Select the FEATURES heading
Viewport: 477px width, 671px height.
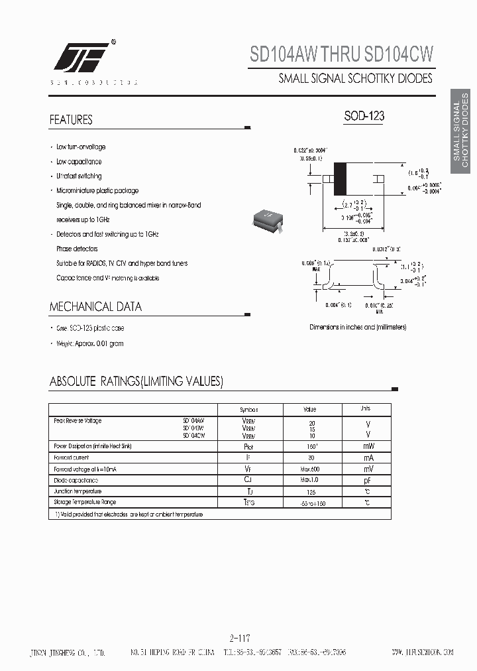pyautogui.click(x=71, y=120)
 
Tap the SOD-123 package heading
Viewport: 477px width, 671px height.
pyautogui.click(x=364, y=116)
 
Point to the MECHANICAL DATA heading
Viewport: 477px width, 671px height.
pyautogui.click(x=95, y=307)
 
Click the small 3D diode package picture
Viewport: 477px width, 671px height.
pyautogui.click(x=270, y=221)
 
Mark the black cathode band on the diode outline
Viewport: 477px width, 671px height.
pyautogui.click(x=340, y=178)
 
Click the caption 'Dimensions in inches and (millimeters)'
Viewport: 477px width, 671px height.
pyautogui.click(x=358, y=327)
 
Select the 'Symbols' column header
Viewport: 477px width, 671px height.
pyautogui.click(x=249, y=410)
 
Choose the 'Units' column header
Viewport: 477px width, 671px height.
pyautogui.click(x=365, y=409)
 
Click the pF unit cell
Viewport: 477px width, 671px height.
pyautogui.click(x=367, y=479)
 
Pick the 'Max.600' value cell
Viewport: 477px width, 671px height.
pyautogui.click(x=309, y=469)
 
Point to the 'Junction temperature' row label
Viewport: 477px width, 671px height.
pyautogui.click(x=78, y=491)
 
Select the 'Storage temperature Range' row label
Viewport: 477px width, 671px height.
pyautogui.click(x=85, y=503)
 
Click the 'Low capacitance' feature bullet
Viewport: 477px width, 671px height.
pyautogui.click(x=79, y=162)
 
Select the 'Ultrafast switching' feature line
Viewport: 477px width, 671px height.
pyautogui.click(x=79, y=176)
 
